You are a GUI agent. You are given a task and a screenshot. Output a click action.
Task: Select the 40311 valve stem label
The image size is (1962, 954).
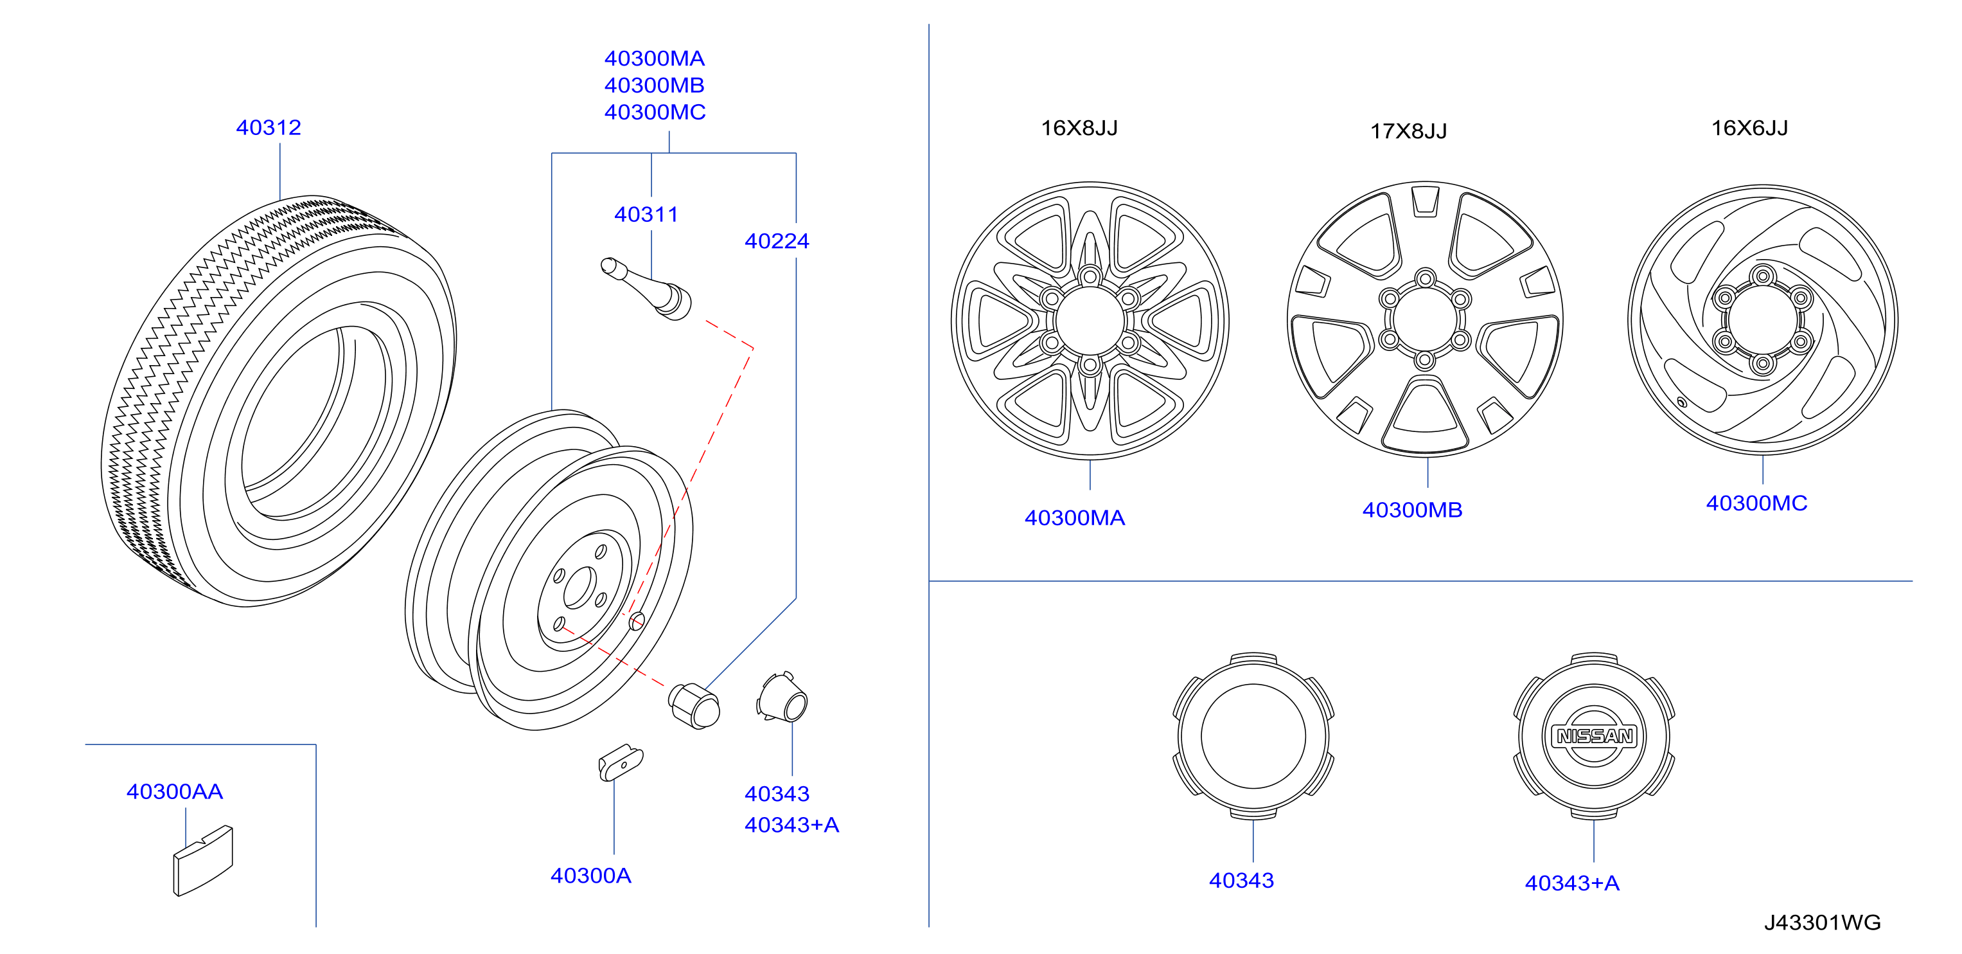(x=646, y=214)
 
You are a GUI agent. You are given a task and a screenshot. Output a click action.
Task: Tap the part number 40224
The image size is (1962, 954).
(x=776, y=241)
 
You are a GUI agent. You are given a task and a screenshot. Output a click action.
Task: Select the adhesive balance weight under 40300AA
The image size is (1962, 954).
(x=202, y=860)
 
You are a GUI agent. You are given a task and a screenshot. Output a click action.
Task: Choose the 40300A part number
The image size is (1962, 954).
(x=590, y=876)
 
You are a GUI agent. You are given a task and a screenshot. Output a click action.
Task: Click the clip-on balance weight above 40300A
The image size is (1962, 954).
(x=620, y=762)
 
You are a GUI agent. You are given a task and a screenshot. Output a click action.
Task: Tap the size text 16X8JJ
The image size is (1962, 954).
(x=1079, y=127)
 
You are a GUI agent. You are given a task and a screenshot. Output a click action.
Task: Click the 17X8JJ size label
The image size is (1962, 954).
(x=1408, y=131)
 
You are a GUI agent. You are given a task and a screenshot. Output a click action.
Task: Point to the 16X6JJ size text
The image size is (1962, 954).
(x=1749, y=127)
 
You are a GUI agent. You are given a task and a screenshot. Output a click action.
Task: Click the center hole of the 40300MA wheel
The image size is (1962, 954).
(x=1090, y=320)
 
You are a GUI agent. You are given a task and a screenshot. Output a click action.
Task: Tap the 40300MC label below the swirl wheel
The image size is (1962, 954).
(x=1756, y=503)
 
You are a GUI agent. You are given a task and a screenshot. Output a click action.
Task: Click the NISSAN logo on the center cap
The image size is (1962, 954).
(x=1593, y=736)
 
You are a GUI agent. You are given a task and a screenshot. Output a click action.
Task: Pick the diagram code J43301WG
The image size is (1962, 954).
(x=1822, y=923)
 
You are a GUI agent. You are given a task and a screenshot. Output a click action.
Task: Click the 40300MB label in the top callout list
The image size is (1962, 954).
(x=654, y=85)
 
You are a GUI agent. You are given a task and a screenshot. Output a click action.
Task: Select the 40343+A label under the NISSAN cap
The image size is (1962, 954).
(x=1571, y=883)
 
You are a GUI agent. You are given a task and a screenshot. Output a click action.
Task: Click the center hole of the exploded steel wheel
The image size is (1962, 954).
(x=579, y=588)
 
